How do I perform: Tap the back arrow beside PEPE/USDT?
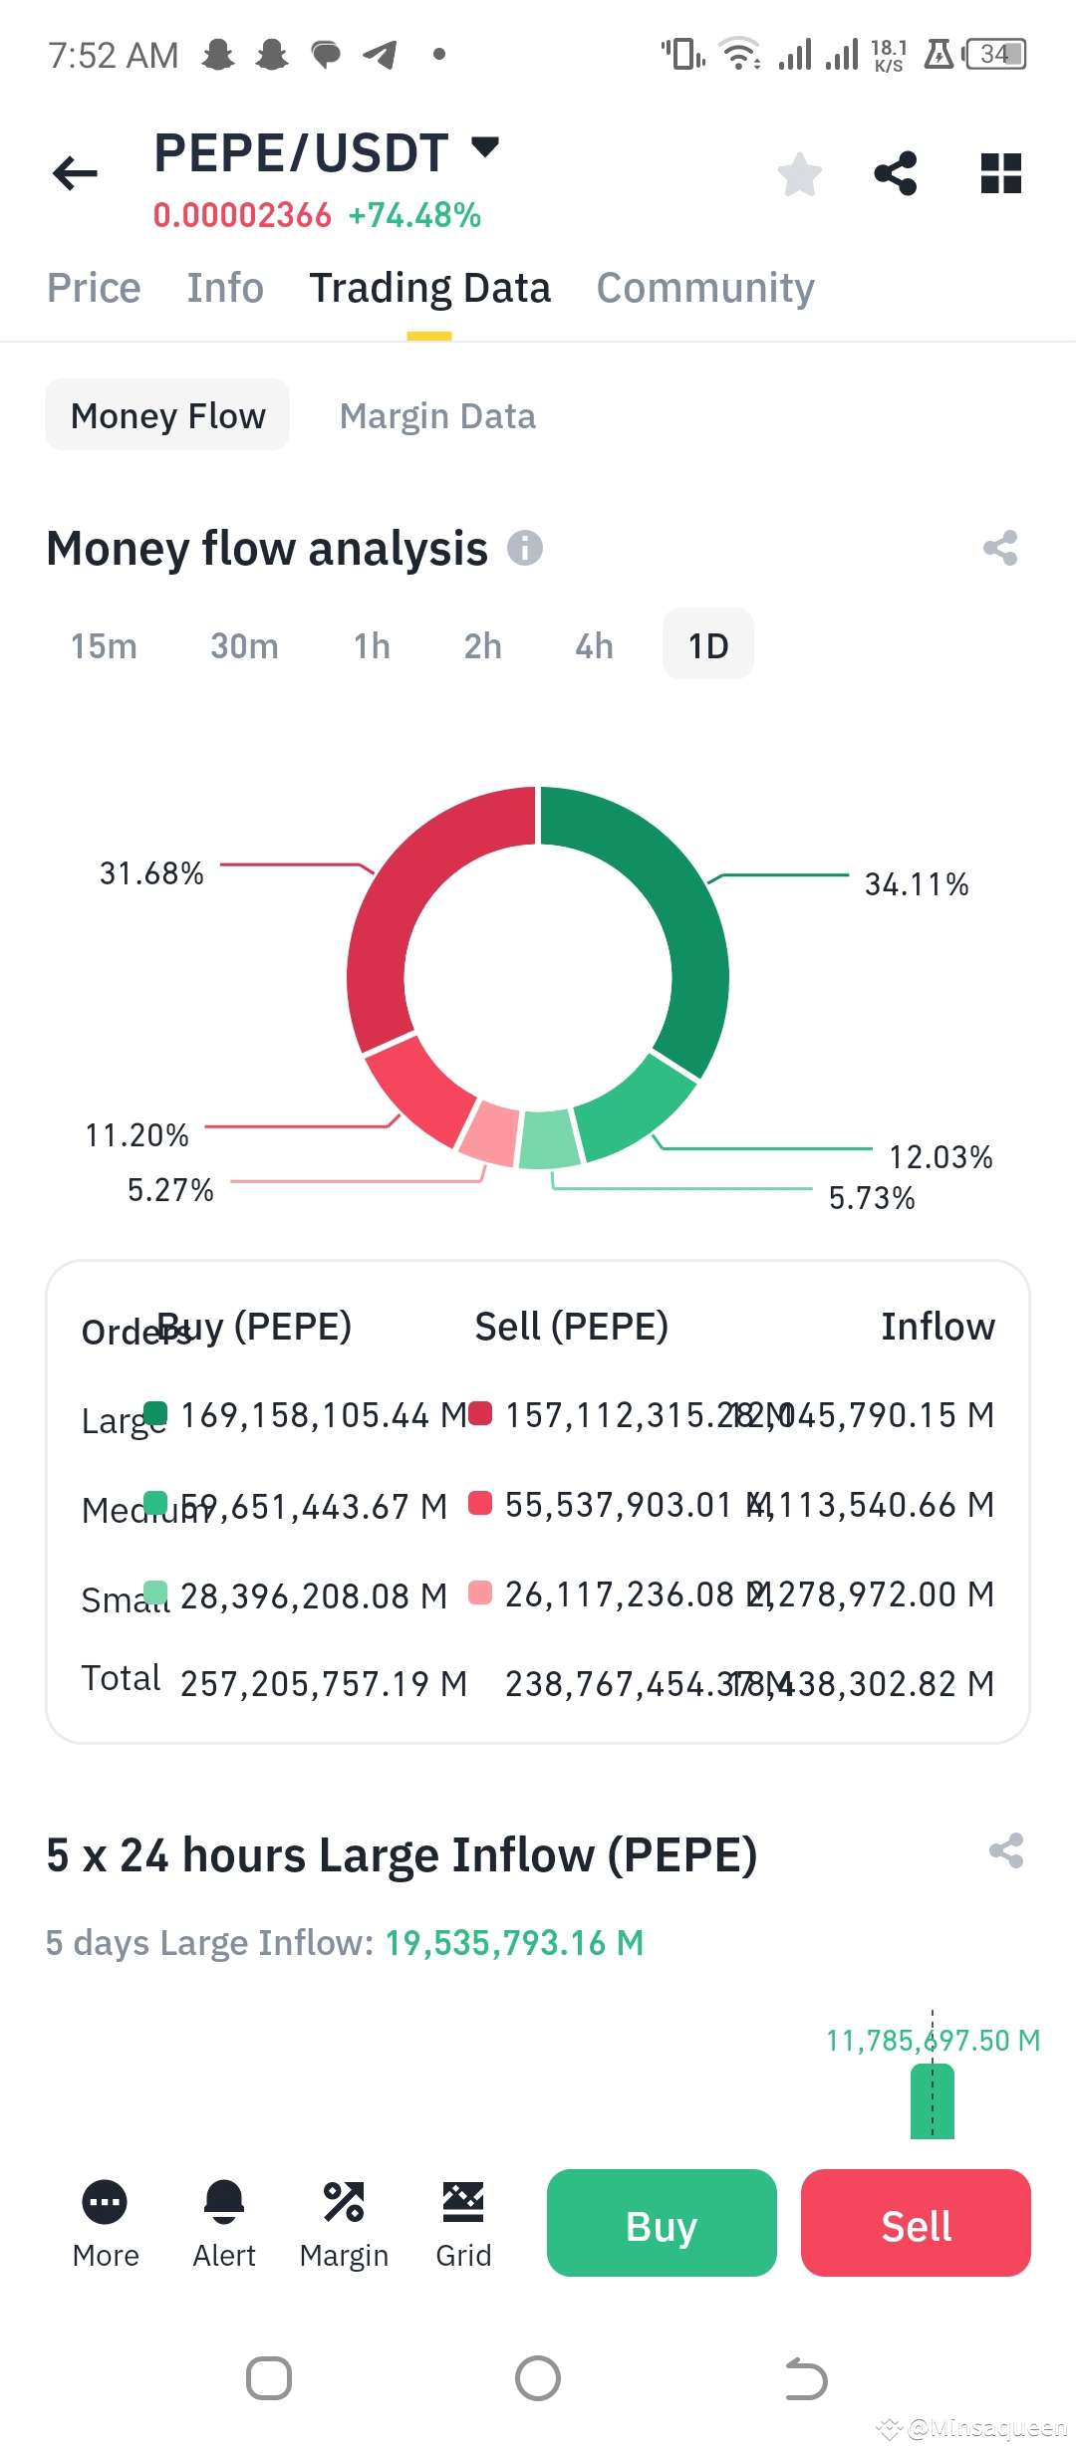coord(75,173)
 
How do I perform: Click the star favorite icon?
coord(799,174)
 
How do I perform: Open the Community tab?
coord(705,288)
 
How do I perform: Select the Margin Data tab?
coord(437,415)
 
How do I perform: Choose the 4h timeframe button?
coord(594,645)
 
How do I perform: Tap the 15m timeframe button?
coord(104,645)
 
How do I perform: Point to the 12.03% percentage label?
coord(941,1157)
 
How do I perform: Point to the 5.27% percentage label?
coord(170,1190)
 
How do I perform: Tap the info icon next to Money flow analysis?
coord(525,548)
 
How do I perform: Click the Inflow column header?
coord(938,1327)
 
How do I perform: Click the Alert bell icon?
coord(224,2202)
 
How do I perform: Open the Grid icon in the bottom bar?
coord(463,2202)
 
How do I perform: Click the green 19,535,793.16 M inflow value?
coord(514,1942)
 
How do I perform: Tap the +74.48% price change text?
coord(414,215)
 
